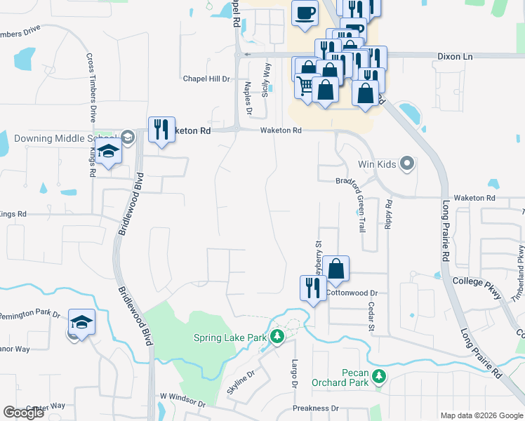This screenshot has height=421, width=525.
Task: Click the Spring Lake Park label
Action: tap(230, 338)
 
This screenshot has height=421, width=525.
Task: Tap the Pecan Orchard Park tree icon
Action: tap(379, 377)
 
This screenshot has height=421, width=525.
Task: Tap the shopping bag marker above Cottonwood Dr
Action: tap(336, 269)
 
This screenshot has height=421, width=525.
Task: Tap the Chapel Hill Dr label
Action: tap(206, 79)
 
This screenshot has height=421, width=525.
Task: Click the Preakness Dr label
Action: tap(315, 408)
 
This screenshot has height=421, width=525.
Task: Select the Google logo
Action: tap(24, 412)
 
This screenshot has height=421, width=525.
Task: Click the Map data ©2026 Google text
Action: tap(481, 415)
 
